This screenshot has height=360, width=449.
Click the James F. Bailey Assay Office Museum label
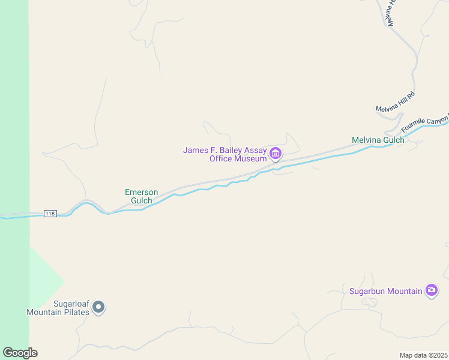click(x=225, y=154)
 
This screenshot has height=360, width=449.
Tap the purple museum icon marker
click(x=276, y=154)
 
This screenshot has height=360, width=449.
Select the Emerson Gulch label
click(x=142, y=196)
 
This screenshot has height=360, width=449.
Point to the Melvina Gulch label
click(x=378, y=140)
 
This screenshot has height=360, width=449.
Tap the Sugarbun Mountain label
click(x=386, y=292)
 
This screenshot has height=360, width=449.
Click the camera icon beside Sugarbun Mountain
click(x=432, y=291)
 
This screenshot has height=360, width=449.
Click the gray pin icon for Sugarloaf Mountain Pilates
click(x=100, y=308)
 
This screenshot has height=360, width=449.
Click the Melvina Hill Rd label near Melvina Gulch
click(x=396, y=102)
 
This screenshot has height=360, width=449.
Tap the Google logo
click(x=20, y=353)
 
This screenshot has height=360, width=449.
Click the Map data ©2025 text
click(x=423, y=355)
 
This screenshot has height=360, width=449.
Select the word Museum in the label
click(x=251, y=158)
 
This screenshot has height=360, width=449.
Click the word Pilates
click(x=74, y=312)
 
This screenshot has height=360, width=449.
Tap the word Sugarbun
click(x=368, y=292)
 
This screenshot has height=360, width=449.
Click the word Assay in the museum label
click(x=255, y=150)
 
